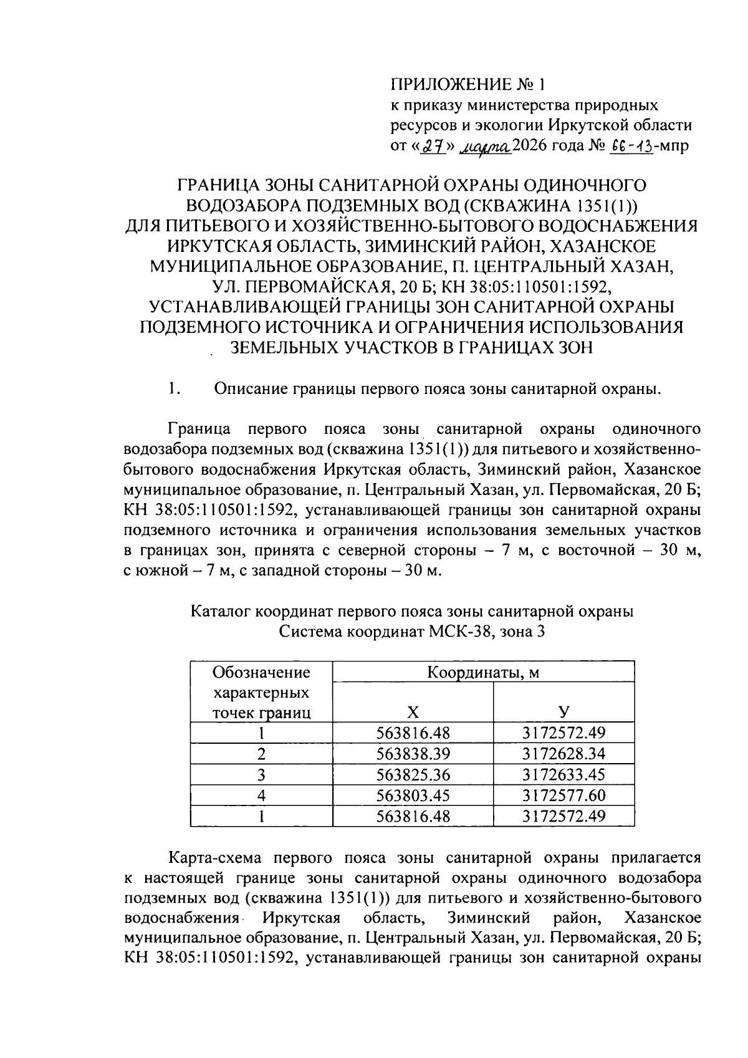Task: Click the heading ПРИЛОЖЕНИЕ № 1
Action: click(x=467, y=84)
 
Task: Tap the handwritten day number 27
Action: click(x=428, y=145)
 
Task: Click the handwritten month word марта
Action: click(x=486, y=145)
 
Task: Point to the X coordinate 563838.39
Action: click(x=413, y=753)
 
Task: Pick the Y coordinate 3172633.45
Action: click(x=563, y=774)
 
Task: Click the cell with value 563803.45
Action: click(x=413, y=795)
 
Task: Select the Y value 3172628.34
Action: click(x=563, y=753)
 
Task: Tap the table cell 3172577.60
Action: click(x=563, y=795)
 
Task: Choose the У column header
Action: click(x=563, y=711)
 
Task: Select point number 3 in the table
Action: click(x=261, y=774)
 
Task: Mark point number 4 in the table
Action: click(x=261, y=795)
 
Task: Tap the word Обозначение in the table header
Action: click(x=261, y=672)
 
